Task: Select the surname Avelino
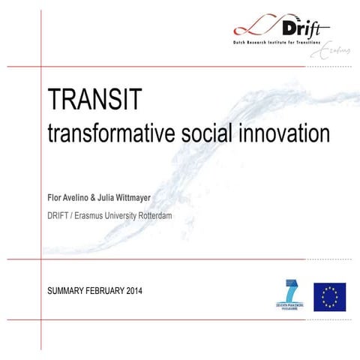(86, 199)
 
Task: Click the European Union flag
(329, 297)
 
